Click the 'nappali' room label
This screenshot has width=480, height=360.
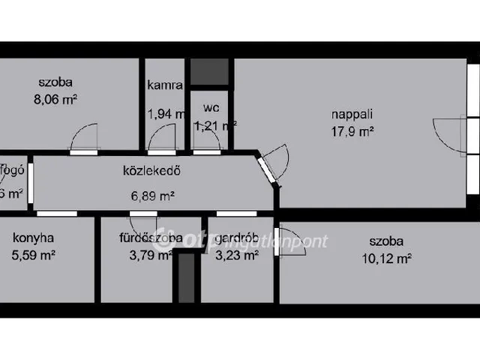click(352, 115)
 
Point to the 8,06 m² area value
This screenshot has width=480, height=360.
click(58, 97)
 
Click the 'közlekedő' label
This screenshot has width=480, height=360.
click(152, 169)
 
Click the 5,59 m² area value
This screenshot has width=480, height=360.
click(34, 255)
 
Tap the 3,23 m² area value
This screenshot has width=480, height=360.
click(237, 255)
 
